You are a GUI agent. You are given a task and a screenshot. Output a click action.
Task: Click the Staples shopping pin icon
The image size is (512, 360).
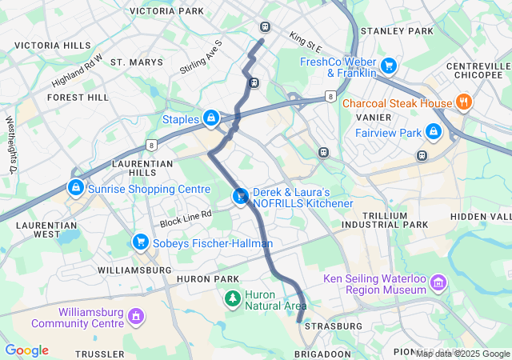coord(210,118)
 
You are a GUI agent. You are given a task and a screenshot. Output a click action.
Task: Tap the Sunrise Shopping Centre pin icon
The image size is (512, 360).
coord(74,187)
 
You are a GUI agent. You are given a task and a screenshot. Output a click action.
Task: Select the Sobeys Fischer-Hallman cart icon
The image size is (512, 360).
coord(140,242)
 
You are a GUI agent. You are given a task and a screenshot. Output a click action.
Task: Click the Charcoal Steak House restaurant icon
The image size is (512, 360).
coord(462,102)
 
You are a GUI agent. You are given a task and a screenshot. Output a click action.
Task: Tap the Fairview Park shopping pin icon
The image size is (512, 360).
coord(433,130)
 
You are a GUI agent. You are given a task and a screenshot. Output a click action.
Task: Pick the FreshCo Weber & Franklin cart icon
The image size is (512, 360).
coord(389,66)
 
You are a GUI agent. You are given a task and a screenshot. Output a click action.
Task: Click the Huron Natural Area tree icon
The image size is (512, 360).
coord(232,299)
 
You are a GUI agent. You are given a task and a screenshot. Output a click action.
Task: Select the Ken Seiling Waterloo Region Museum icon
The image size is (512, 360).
coord(437,283)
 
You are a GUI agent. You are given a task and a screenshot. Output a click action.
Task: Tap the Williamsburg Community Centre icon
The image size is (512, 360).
coord(135,317)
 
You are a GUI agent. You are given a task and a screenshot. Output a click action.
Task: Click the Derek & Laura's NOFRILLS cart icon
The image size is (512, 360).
coord(240,196)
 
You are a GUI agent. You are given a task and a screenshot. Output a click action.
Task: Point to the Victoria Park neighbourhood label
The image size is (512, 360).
coord(166,11)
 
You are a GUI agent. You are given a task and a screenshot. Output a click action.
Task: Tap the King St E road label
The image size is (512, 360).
coord(305,38)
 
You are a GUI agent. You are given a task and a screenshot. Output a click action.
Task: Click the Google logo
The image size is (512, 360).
coord(26,350)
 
